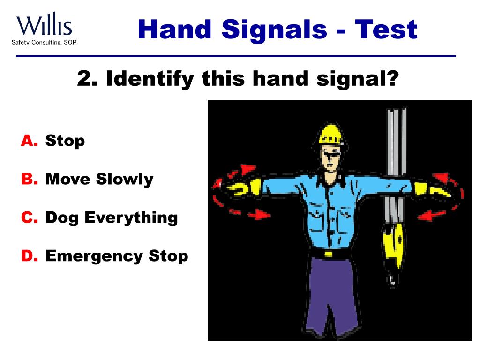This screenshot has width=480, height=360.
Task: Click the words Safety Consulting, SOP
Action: (44, 43)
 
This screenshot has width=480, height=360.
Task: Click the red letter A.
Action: (29, 141)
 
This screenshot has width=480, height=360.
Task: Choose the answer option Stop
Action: (65, 141)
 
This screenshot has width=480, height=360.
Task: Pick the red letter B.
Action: (29, 179)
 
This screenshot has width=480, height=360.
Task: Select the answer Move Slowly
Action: (99, 179)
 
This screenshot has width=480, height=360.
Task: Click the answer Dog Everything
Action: (112, 217)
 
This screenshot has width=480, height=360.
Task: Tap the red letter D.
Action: (29, 256)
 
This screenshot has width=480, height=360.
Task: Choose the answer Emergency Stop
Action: (117, 256)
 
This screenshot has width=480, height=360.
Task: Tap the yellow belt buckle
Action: (329, 254)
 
